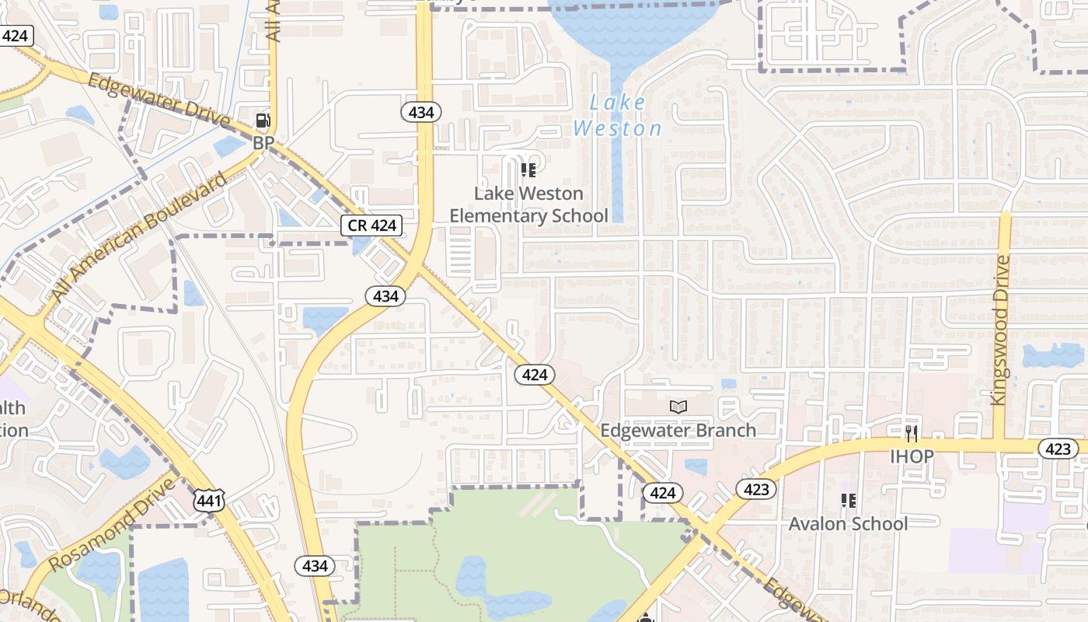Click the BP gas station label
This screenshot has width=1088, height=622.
(264, 143)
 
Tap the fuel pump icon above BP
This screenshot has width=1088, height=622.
(263, 121)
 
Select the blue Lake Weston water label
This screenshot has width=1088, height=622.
(618, 115)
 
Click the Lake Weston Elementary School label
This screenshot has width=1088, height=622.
(528, 204)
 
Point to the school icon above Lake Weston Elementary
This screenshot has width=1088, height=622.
(528, 169)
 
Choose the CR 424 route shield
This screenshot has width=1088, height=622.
(372, 226)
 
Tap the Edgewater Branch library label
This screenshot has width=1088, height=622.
(678, 430)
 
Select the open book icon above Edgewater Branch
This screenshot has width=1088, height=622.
(678, 407)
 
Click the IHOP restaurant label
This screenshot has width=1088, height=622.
(912, 456)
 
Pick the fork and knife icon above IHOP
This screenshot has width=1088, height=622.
(912, 434)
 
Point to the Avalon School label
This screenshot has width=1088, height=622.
(848, 523)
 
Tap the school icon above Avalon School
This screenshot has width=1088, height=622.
(848, 501)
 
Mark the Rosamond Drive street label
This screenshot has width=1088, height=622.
(112, 524)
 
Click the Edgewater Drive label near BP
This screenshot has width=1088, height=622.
(159, 102)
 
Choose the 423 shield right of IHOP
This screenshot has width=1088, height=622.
(1058, 449)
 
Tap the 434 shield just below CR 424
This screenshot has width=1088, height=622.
(385, 295)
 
